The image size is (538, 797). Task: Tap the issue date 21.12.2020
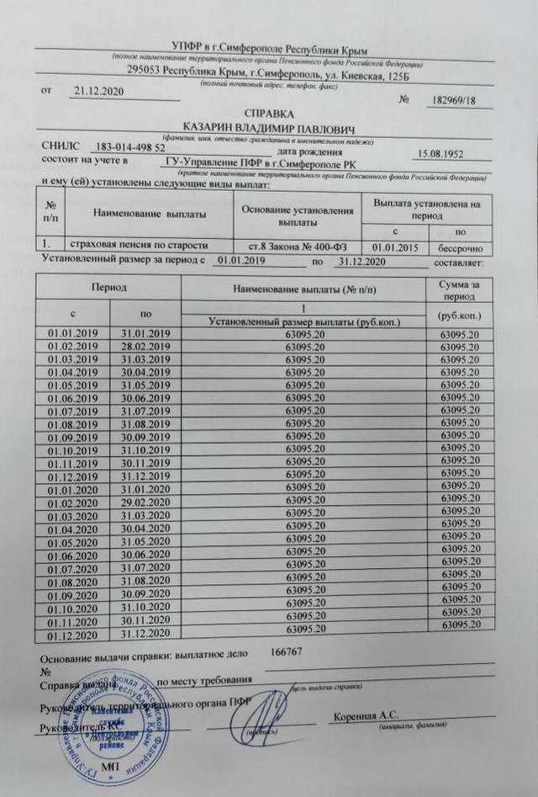(99, 90)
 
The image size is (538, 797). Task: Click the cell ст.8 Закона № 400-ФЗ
(298, 247)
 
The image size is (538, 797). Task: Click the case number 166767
(287, 651)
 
